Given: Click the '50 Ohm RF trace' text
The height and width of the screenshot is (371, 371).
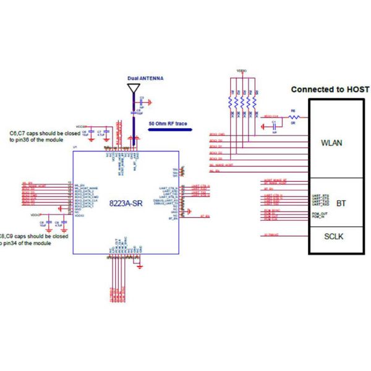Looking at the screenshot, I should pyautogui.click(x=168, y=124).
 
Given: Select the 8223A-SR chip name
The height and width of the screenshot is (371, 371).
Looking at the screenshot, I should pyautogui.click(x=127, y=203).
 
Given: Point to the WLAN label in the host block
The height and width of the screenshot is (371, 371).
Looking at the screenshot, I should pyautogui.click(x=332, y=143).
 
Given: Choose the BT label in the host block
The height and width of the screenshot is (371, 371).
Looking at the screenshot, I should pyautogui.click(x=341, y=203).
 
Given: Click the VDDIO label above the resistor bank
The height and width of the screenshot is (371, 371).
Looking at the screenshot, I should pyautogui.click(x=242, y=71).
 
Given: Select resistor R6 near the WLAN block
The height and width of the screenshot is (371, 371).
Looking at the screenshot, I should pyautogui.click(x=294, y=116).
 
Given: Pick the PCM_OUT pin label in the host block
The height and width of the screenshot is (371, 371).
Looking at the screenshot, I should pyautogui.click(x=320, y=213).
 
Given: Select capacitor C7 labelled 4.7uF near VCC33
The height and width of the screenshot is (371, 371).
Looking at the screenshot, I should pyautogui.click(x=106, y=134).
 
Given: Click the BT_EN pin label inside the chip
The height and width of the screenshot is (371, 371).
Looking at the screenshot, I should pyautogui.click(x=173, y=218).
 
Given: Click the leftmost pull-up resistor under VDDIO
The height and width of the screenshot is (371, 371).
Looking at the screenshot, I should pyautogui.click(x=231, y=101).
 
